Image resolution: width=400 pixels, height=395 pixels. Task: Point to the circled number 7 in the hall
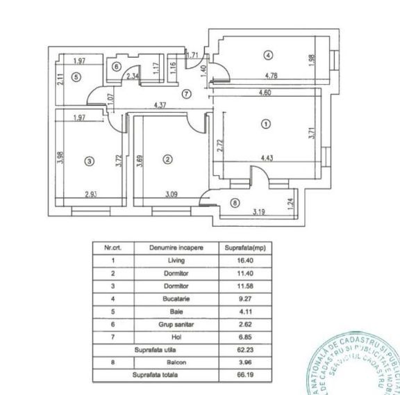coord(185,93)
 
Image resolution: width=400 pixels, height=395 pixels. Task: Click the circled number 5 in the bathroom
coord(76,77)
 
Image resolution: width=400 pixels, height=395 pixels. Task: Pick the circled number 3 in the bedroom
coord(88,161)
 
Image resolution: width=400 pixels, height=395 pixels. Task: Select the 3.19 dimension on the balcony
coord(260,211)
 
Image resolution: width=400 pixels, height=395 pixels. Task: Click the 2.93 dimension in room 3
coord(90,194)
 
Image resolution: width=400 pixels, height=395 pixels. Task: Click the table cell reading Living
coord(176,260)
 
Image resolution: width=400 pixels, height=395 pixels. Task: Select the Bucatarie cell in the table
coord(176,298)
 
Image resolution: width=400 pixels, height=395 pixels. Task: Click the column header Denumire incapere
coord(176,248)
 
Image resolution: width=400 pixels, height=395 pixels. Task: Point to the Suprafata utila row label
coord(153,349)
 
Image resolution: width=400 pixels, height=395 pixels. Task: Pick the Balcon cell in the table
coord(176,362)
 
